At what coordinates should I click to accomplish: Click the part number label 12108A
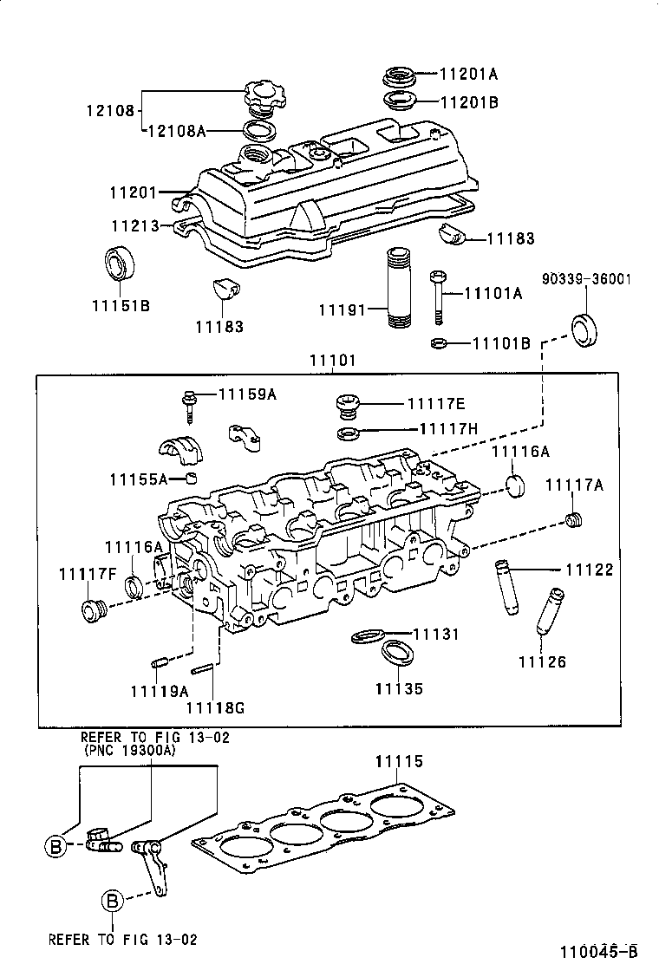(177, 131)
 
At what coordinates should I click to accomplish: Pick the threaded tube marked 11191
(395, 286)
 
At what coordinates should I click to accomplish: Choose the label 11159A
(247, 394)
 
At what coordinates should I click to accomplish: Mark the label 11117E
(436, 403)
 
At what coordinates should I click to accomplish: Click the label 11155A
(138, 479)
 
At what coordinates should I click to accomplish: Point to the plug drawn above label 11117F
(91, 610)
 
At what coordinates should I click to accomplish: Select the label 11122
(589, 570)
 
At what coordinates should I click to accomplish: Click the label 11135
(399, 689)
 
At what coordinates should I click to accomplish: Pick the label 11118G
(216, 707)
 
